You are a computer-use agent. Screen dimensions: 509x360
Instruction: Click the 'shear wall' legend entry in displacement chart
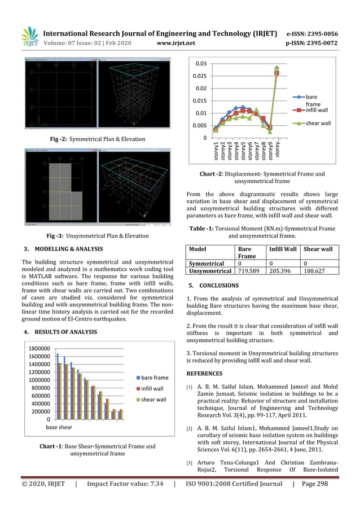click(318, 123)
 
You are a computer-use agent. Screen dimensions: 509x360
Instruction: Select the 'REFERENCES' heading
click(204, 374)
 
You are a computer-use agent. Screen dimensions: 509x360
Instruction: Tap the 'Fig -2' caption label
click(60, 139)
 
